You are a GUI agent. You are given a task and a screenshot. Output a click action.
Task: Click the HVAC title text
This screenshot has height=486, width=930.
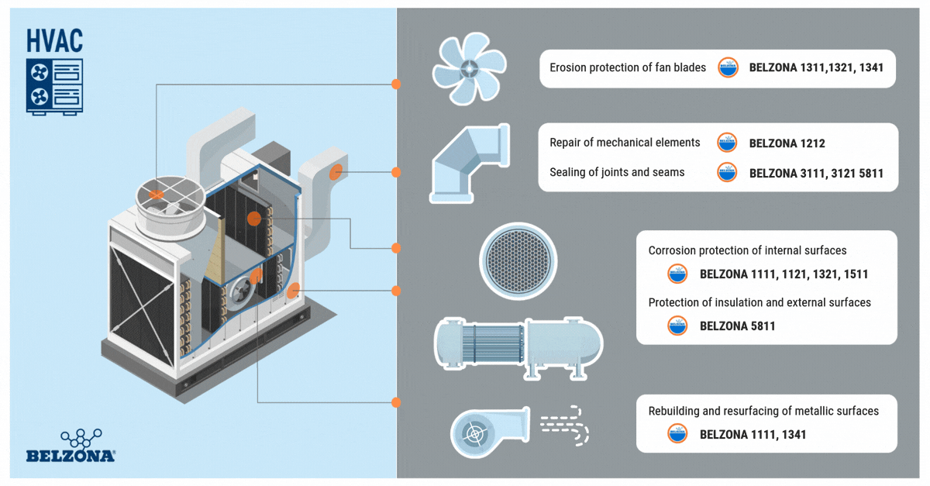coord(54,40)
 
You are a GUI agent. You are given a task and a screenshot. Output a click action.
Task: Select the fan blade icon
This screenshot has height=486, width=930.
coord(469,68)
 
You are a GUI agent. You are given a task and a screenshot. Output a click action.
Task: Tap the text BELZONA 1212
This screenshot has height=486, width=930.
coord(787,143)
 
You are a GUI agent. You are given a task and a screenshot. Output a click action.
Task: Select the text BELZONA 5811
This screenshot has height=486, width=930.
coord(737,326)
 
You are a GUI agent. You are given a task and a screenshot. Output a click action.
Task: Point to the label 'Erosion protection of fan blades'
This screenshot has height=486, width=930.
coord(628,68)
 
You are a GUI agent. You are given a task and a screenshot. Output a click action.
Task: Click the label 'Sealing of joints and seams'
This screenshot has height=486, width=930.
coord(617,172)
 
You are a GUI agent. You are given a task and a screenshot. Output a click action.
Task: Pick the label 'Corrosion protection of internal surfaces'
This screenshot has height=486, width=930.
coord(747,251)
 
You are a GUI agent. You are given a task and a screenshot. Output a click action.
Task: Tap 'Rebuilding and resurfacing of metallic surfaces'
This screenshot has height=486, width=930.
coord(763,411)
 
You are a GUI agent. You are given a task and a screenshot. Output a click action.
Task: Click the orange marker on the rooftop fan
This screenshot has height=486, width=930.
coord(157,195)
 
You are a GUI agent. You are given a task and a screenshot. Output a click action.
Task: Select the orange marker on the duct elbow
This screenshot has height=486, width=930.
coord(336,172)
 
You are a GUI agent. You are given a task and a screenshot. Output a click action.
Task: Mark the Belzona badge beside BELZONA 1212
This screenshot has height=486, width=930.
coord(727,143)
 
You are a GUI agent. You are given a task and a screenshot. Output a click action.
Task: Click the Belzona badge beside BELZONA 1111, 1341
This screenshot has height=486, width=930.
coord(677,434)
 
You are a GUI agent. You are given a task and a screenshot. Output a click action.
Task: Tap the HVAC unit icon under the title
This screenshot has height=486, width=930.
coord(54,85)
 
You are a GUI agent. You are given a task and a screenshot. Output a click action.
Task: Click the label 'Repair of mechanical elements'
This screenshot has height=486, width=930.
coord(625,143)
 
